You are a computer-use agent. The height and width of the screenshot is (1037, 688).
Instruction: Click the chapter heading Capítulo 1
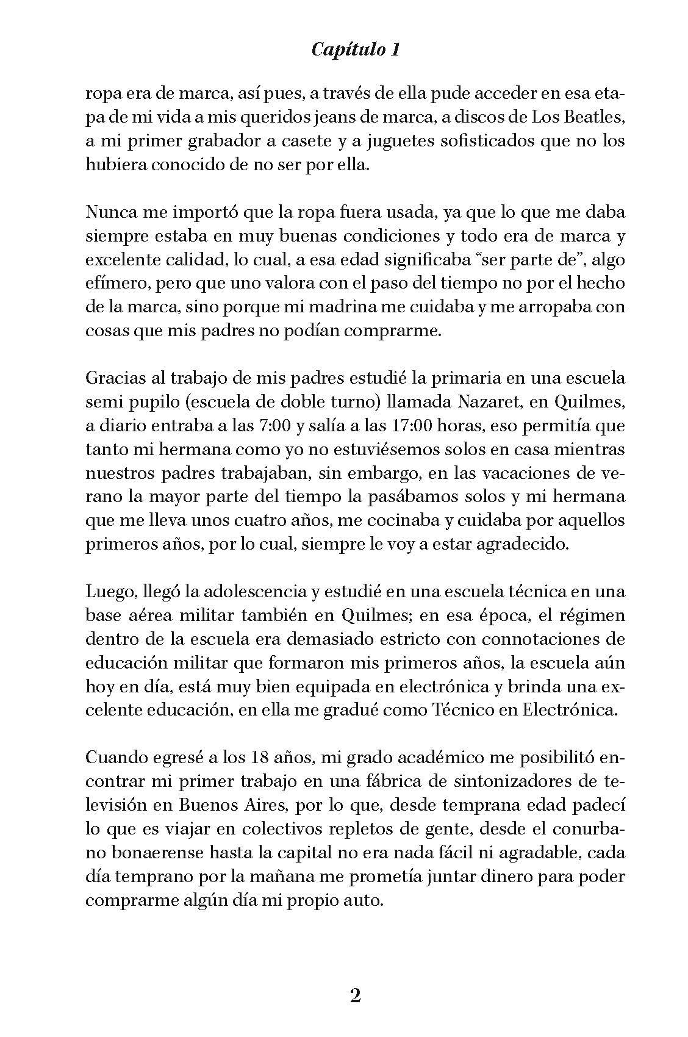click(x=356, y=50)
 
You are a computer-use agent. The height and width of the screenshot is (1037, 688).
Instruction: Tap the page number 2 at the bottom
click(x=356, y=996)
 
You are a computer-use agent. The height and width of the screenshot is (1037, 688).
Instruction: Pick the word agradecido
click(x=514, y=544)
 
